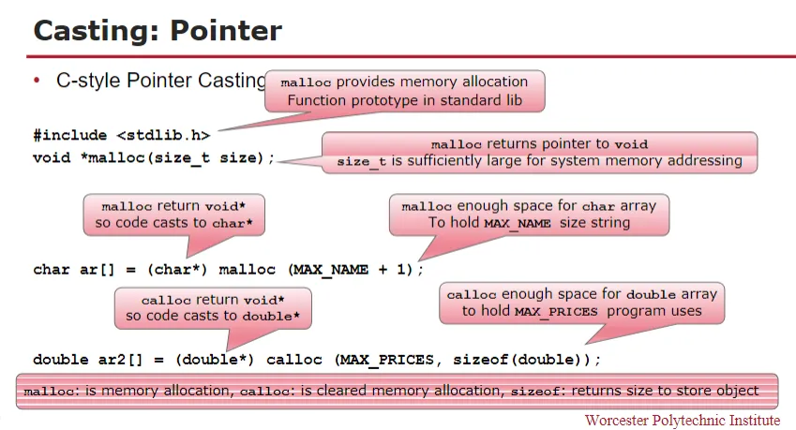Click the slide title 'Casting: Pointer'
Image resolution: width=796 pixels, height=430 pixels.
(x=158, y=30)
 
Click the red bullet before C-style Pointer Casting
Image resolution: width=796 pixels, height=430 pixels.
(x=38, y=81)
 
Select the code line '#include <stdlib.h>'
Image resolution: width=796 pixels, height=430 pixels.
(x=121, y=135)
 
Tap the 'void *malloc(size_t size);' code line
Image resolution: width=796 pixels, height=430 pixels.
(x=154, y=157)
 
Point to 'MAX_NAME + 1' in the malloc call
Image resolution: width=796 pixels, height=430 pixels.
(x=351, y=269)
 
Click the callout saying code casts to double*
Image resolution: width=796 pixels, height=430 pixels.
(x=212, y=307)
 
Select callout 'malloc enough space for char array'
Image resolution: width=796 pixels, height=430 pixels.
(x=529, y=215)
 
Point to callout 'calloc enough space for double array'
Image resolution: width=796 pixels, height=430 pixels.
(x=581, y=303)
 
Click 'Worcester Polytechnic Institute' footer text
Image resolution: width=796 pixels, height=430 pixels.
(x=682, y=420)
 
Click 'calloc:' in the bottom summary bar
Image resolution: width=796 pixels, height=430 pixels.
(x=268, y=392)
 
